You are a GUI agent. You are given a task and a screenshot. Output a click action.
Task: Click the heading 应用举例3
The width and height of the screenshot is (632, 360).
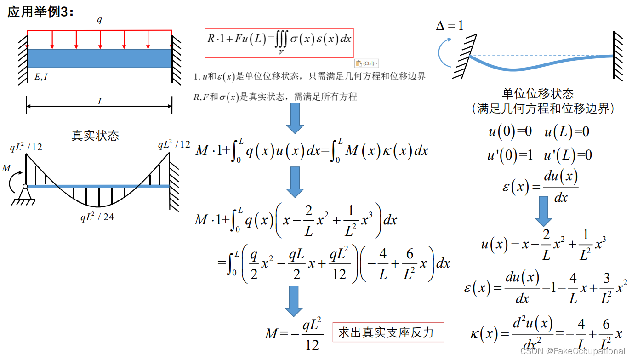(x=40, y=12)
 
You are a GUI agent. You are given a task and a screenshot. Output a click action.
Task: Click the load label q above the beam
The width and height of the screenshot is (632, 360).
(x=99, y=20)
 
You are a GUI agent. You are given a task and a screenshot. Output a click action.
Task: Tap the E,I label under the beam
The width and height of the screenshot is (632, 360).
(x=41, y=77)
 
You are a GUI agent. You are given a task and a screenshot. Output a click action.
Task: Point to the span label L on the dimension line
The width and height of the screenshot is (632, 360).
(x=100, y=102)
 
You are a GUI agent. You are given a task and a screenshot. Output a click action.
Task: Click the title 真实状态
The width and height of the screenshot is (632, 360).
(x=95, y=135)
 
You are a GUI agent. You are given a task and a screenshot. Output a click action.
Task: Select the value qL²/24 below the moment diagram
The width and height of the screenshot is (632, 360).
(x=97, y=217)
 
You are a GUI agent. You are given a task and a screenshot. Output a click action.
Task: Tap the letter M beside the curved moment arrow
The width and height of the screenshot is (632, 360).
(x=6, y=169)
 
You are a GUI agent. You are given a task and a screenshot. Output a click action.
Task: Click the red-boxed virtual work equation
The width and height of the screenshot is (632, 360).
(x=279, y=43)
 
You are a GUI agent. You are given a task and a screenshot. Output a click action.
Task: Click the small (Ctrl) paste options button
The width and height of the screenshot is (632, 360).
(x=367, y=63)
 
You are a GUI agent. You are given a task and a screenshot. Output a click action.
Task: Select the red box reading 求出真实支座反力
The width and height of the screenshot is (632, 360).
(x=388, y=332)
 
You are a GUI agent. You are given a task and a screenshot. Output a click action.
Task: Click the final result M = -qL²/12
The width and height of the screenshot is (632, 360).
(x=294, y=333)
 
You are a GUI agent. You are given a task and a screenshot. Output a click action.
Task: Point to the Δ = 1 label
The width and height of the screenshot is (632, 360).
(x=450, y=26)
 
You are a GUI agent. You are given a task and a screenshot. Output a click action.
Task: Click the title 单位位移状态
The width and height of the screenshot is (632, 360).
(x=538, y=94)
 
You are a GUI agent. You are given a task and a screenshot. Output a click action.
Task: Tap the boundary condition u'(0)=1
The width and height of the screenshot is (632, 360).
(x=510, y=155)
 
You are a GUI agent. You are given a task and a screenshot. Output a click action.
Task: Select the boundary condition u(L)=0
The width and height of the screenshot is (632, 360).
(x=567, y=132)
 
